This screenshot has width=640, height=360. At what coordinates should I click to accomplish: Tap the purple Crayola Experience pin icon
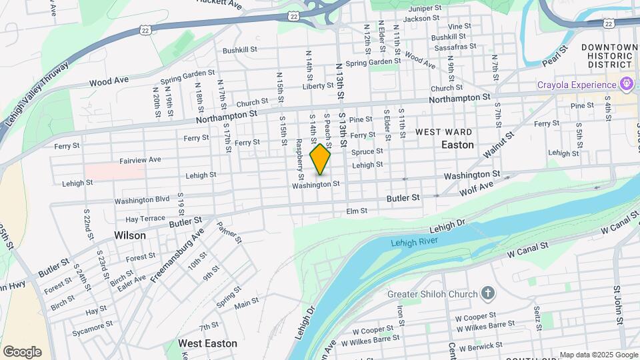pyautogui.click(x=625, y=85)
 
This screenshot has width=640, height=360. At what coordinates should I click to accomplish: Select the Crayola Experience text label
pyautogui.click(x=577, y=85)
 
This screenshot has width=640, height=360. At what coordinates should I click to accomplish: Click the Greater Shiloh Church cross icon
pyautogui.click(x=487, y=293)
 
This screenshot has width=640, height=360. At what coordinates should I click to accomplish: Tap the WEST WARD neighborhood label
pyautogui.click(x=444, y=132)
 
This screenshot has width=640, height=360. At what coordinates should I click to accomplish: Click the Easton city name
pyautogui.click(x=457, y=145)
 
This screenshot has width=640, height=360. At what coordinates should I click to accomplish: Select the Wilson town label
pyautogui.click(x=129, y=235)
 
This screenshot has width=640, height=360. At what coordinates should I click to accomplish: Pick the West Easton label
pyautogui.click(x=207, y=343)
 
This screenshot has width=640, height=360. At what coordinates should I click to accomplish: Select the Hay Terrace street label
pyautogui.click(x=140, y=219)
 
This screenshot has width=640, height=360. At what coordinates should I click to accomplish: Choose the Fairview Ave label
pyautogui.click(x=140, y=160)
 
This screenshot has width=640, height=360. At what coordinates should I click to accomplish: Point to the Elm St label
pyautogui.click(x=357, y=211)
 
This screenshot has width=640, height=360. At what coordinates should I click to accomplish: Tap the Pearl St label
pyautogui.click(x=554, y=56)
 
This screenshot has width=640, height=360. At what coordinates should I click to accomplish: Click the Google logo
pyautogui.click(x=22, y=351)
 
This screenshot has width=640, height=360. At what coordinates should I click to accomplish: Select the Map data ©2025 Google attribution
pyautogui.click(x=599, y=355)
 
